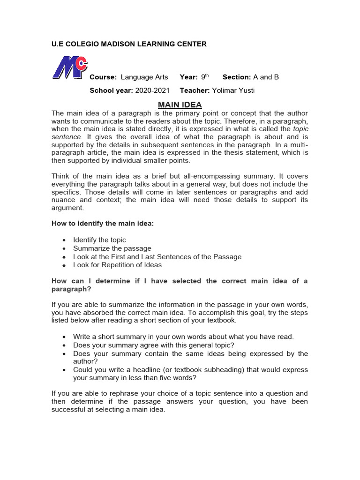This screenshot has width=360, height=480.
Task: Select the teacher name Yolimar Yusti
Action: click(x=233, y=90)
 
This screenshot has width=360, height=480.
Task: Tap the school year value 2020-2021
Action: click(x=152, y=90)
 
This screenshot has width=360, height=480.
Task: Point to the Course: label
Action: click(x=103, y=77)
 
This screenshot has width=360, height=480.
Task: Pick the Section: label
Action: click(x=237, y=77)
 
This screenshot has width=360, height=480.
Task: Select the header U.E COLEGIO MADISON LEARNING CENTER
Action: click(x=129, y=44)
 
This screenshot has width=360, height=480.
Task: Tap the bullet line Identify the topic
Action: click(x=99, y=240)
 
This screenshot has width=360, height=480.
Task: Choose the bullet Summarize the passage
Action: click(x=112, y=248)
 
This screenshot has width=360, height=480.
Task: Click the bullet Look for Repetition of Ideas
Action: click(x=117, y=265)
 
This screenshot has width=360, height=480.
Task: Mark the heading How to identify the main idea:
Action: click(x=102, y=224)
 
